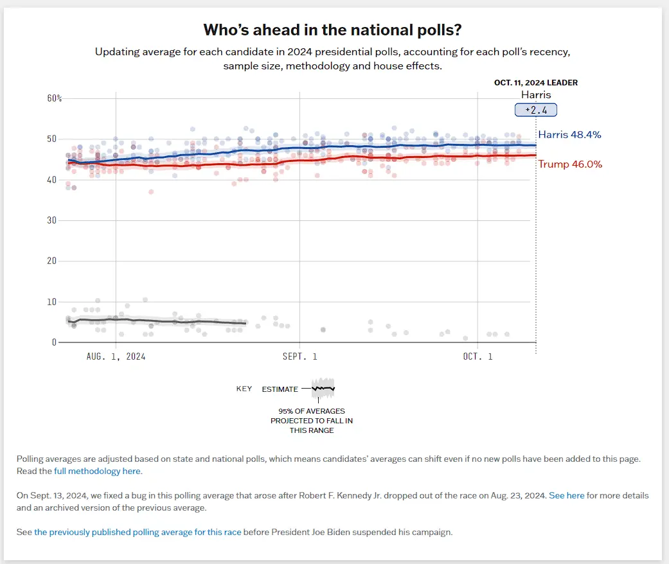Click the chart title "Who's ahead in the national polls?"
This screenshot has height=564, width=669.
[x=334, y=30]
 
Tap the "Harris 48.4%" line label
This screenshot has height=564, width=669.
[x=569, y=135]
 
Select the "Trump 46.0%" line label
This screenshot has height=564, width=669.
[x=570, y=164]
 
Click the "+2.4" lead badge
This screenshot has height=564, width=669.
[x=535, y=110]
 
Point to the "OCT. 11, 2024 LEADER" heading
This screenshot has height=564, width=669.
[x=535, y=83]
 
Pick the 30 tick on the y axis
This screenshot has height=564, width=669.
[x=52, y=220]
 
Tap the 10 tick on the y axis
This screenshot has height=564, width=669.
[x=52, y=302]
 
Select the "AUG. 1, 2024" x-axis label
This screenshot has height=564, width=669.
[x=116, y=356]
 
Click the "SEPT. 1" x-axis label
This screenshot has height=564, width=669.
[x=299, y=356]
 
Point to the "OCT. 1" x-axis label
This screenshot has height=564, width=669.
[x=477, y=356]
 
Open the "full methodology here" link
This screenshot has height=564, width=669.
[x=97, y=471]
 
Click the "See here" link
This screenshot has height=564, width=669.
[x=566, y=496]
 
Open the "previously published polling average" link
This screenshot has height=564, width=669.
[x=138, y=533]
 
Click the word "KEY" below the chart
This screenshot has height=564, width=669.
[x=244, y=389]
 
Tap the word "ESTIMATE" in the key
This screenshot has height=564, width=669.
[x=280, y=389]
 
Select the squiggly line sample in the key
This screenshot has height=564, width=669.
[x=323, y=388]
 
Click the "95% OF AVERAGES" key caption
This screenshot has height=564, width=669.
[x=311, y=411]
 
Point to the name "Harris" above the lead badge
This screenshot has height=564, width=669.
[x=535, y=95]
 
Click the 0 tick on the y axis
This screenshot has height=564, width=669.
[x=55, y=342]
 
